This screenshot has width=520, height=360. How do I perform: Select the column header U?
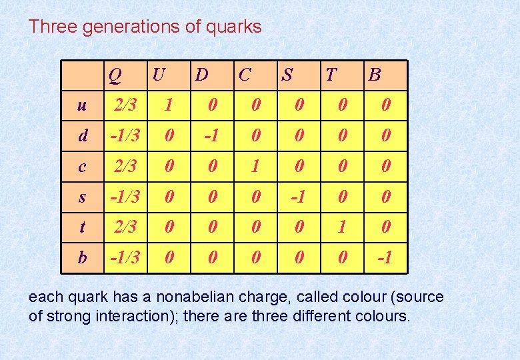coord(158,74)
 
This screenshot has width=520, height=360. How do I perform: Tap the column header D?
coord(201,74)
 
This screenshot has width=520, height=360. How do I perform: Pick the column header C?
coord(245,74)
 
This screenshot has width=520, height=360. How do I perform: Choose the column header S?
coord(287,74)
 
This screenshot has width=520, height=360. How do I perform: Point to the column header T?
coord(331,74)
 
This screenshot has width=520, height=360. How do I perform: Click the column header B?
coord(374,74)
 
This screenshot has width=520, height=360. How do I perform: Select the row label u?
coord(81,105)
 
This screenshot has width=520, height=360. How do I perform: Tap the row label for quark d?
coord(82,135)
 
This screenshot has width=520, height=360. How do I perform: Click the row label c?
coord(81,166)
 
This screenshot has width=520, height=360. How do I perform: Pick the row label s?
coord(81,197)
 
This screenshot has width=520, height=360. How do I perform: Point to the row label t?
coord(81,227)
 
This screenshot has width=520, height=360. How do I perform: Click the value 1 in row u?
coord(169,105)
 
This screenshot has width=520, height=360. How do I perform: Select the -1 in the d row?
coord(211,135)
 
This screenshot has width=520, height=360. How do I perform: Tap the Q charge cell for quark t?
coord(125,227)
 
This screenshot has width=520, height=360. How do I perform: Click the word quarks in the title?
coord(233,27)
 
